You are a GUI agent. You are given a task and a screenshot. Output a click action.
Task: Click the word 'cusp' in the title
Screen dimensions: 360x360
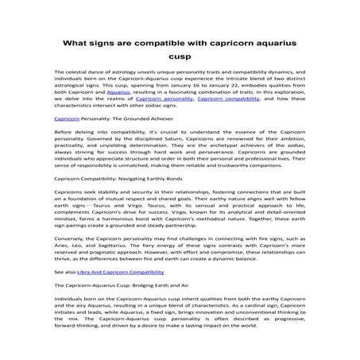180,57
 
